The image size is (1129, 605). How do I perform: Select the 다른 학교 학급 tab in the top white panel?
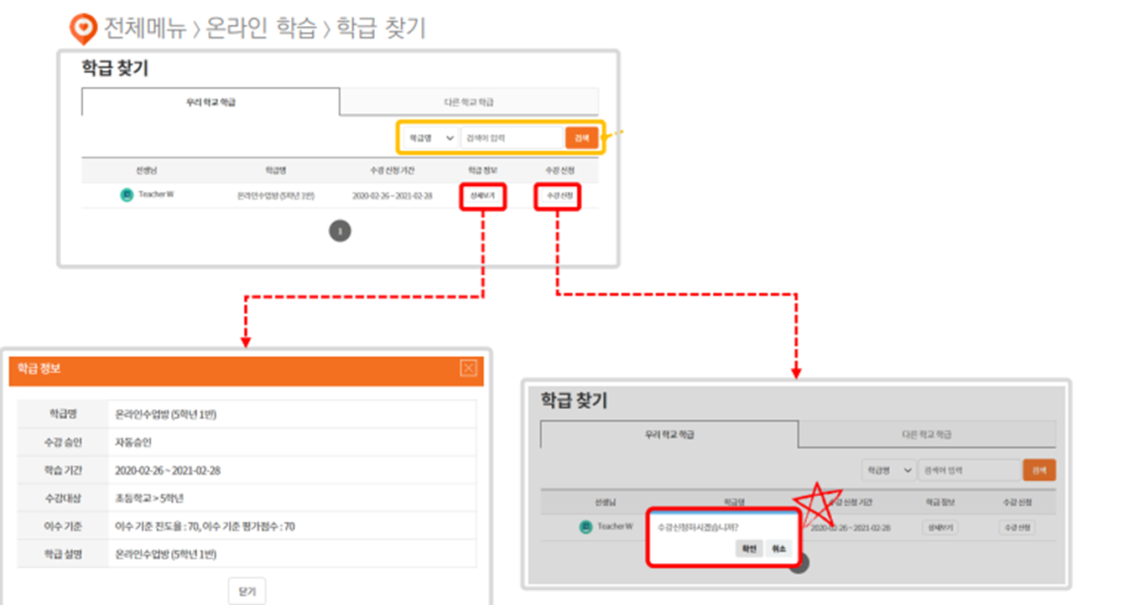(x=468, y=102)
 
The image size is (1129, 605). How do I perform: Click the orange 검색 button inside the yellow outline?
(x=581, y=137)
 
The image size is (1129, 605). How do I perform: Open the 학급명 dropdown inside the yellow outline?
(x=429, y=137)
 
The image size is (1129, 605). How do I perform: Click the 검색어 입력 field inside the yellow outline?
(x=512, y=137)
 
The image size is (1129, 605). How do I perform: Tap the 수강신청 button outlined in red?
(x=558, y=197)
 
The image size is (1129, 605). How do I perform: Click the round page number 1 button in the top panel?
(x=340, y=230)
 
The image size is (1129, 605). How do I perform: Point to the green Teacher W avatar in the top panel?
(x=127, y=194)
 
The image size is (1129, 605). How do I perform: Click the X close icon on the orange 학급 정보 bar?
(x=469, y=368)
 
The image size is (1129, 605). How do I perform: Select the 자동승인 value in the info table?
(x=134, y=442)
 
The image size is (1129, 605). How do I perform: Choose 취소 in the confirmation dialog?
(x=778, y=548)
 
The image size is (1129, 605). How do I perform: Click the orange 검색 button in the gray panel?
(x=1039, y=470)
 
